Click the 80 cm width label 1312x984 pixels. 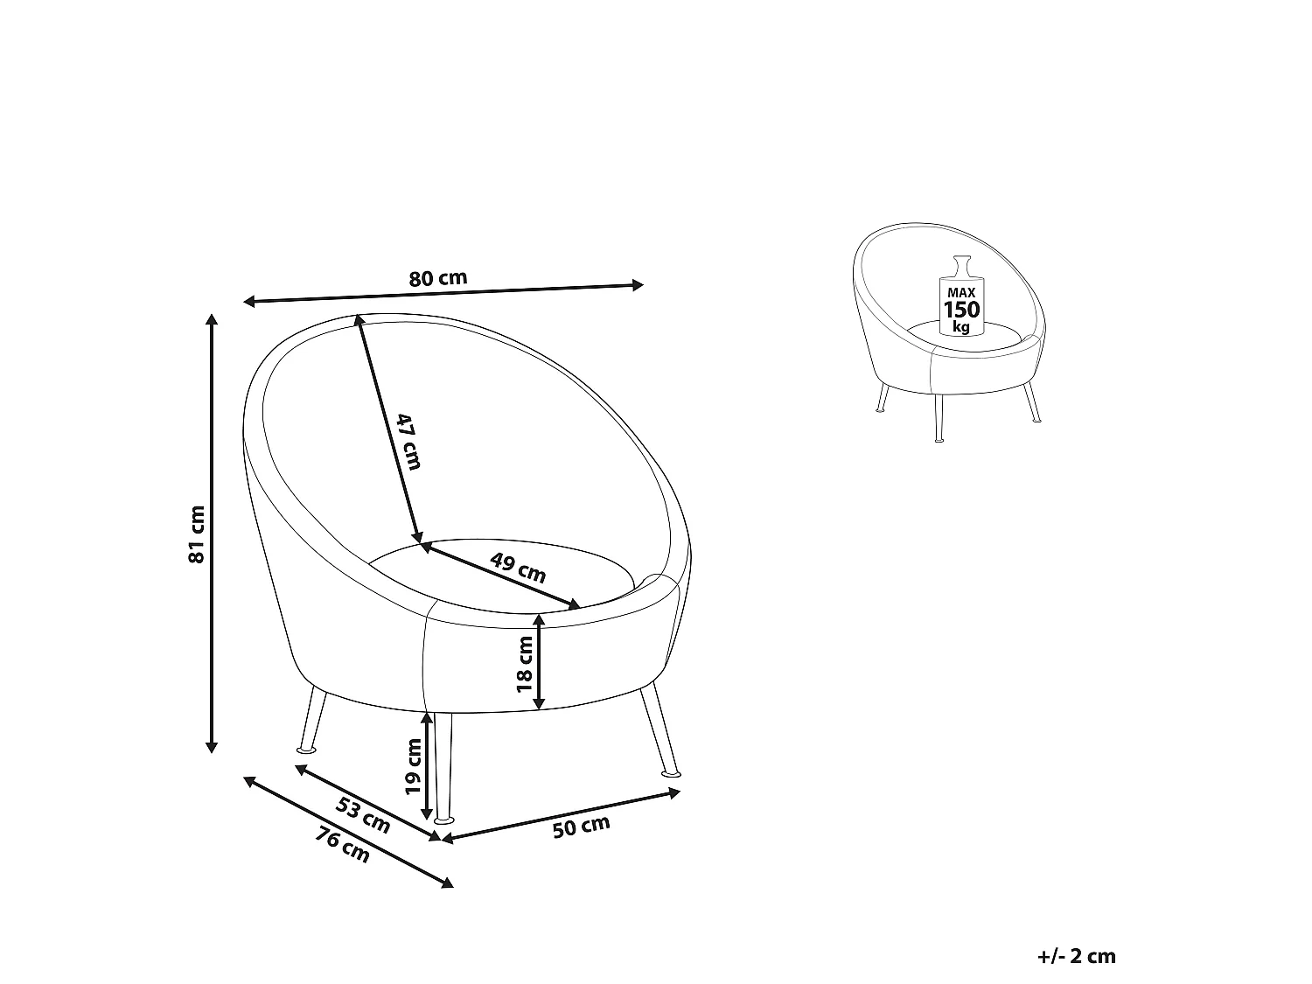coord(437,278)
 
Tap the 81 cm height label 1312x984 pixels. coord(197,534)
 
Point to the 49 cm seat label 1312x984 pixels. coord(518,568)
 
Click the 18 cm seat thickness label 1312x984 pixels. coord(524,664)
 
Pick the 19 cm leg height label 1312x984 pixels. coord(414,767)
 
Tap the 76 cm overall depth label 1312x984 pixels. coord(342,845)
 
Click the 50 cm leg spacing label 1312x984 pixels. coord(581,827)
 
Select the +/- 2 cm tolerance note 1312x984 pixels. coord(1077,957)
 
